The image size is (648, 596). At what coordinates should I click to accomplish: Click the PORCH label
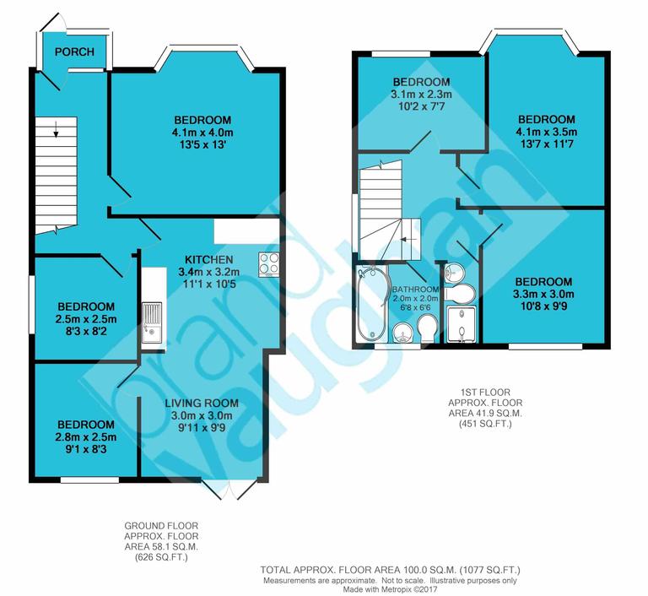[75, 51]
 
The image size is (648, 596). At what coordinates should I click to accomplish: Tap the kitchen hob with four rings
[270, 264]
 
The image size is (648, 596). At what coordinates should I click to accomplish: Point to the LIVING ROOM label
[202, 403]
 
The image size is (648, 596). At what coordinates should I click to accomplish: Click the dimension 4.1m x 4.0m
[202, 133]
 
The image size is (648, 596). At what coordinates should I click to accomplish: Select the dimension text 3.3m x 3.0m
[543, 295]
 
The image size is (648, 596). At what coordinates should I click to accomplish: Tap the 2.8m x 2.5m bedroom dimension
[86, 436]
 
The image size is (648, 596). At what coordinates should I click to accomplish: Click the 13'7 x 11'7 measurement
[546, 145]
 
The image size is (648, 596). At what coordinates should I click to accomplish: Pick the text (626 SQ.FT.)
[161, 558]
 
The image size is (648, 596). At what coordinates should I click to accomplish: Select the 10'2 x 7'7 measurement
[420, 107]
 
